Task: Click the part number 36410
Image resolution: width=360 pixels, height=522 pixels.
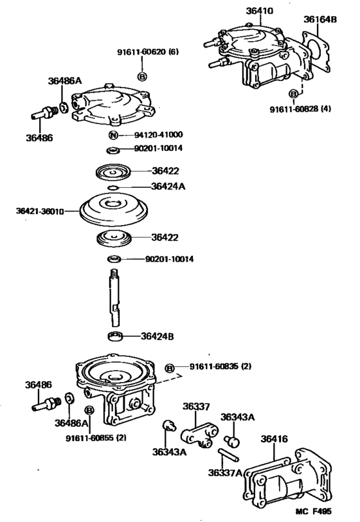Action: pyautogui.click(x=259, y=10)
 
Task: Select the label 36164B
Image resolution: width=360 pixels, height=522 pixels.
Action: pyautogui.click(x=319, y=19)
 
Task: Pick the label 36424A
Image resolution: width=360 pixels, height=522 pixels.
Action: pyautogui.click(x=168, y=186)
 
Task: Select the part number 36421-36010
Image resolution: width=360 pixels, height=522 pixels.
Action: pyautogui.click(x=43, y=210)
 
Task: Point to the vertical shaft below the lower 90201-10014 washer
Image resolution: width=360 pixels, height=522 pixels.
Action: pyautogui.click(x=115, y=297)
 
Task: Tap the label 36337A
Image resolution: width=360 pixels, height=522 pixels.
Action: pyautogui.click(x=224, y=473)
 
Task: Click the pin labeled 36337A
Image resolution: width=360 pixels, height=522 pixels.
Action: pyautogui.click(x=228, y=451)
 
